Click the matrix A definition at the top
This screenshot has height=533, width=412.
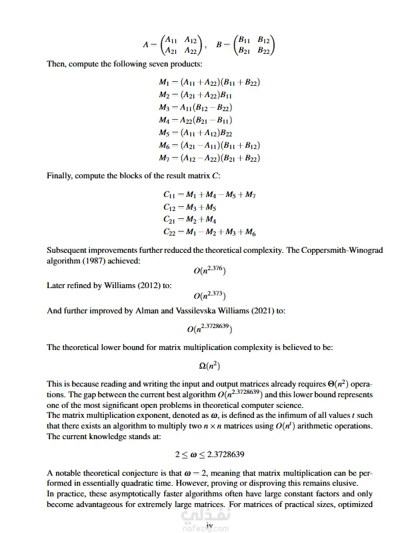(172, 45)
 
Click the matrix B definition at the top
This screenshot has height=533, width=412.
(245, 45)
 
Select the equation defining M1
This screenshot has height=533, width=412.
(209, 83)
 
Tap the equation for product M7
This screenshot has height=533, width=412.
(209, 158)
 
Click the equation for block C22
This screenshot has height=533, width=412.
(210, 232)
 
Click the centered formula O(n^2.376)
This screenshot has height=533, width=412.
(209, 271)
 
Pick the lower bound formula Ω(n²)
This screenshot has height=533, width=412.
(209, 365)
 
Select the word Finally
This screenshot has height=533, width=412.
(61, 176)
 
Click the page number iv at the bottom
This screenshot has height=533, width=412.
(209, 525)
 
